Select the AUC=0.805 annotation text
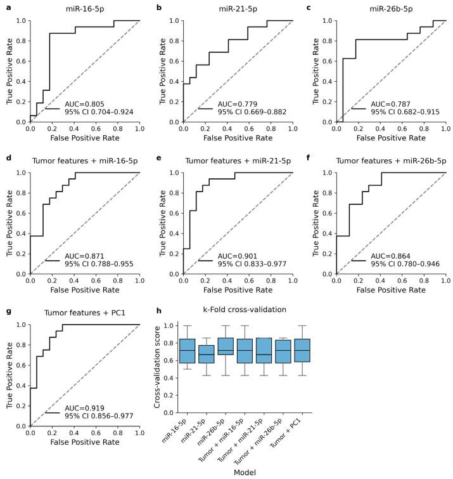pyautogui.click(x=85, y=103)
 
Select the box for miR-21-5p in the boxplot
pyautogui.click(x=207, y=363)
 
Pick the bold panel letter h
pyautogui.click(x=158, y=310)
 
